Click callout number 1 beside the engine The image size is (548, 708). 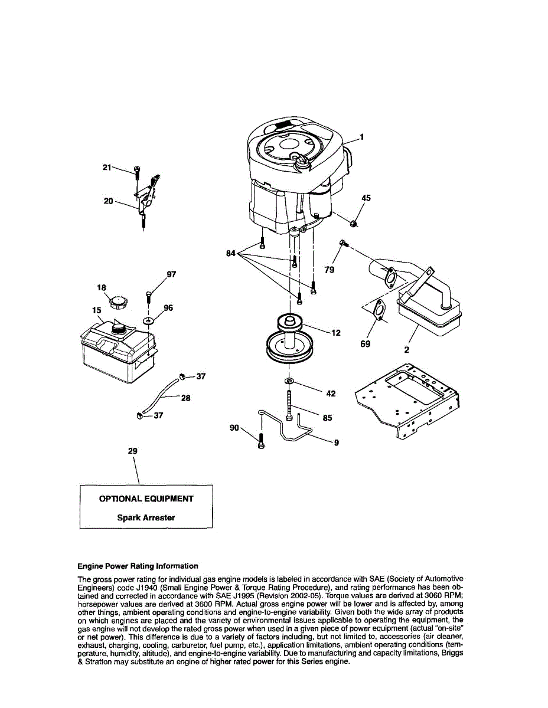362,137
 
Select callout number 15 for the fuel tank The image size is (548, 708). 97,310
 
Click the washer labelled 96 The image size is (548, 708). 148,320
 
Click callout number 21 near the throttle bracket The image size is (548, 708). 107,168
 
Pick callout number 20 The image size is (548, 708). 108,201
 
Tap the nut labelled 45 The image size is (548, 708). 353,223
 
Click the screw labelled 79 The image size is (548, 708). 343,243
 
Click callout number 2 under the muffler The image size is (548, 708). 406,349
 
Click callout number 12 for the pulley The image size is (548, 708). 335,333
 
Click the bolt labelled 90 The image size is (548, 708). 261,440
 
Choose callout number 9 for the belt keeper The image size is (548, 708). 336,442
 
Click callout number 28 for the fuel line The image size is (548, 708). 185,398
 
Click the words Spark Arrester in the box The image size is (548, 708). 146,517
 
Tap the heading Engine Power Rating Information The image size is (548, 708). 138,566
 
